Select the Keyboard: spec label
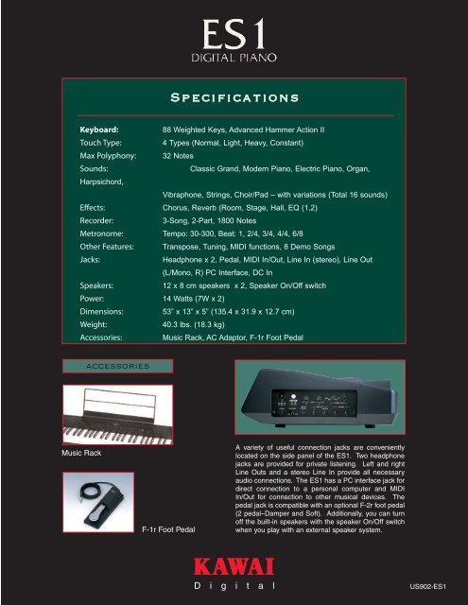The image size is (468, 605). click(x=99, y=127)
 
